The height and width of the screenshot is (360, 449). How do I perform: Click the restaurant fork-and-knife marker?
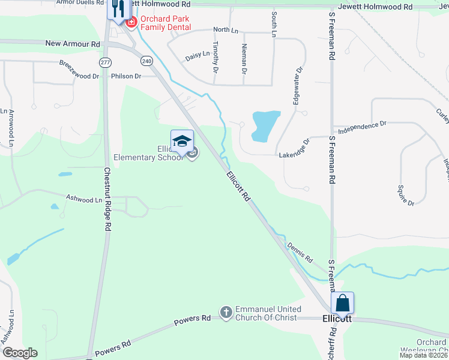pos(118,8)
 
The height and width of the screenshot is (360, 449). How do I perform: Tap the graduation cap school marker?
pos(182,142)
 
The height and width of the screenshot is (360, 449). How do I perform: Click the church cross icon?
pos(226,312)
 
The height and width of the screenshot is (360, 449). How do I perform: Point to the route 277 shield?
pos(106,62)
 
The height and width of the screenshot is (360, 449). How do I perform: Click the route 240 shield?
pos(148,61)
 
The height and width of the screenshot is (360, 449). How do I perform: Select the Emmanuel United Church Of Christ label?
pos(267,313)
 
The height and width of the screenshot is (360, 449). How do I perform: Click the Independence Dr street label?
pos(362,127)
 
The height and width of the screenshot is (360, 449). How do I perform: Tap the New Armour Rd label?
pos(73,44)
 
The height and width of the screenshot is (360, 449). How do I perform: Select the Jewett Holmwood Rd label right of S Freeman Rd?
pos(375,7)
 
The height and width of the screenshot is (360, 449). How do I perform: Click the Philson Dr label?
pos(126,76)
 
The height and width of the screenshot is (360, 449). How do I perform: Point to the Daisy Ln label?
pos(197,55)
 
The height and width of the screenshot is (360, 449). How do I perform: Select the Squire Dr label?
pos(405,196)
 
